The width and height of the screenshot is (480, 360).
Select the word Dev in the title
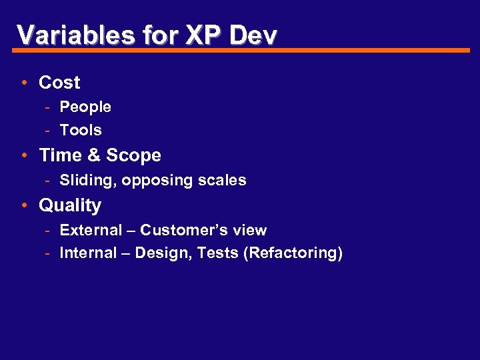click(253, 35)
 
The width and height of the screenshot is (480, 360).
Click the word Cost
click(59, 83)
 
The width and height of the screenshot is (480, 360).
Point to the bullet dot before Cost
click(24, 83)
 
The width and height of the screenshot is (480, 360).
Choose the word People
click(85, 107)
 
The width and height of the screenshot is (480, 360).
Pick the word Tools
click(81, 130)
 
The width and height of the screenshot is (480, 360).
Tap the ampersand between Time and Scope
click(94, 155)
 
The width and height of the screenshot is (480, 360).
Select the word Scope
click(133, 155)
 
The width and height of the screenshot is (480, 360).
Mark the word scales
click(222, 180)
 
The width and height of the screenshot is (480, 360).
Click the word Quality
click(70, 206)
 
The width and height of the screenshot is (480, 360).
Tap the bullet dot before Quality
click(24, 205)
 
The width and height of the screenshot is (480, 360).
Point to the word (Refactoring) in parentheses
click(293, 253)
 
